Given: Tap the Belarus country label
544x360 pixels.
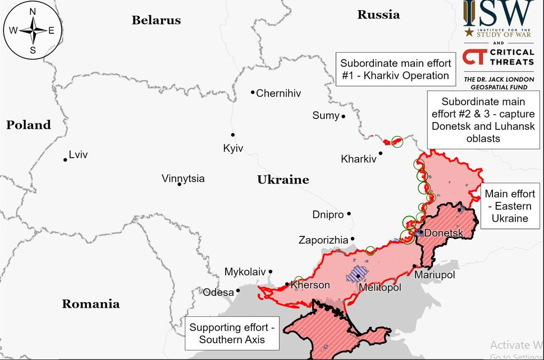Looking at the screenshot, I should (x=156, y=20).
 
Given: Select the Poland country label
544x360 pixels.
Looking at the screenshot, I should (x=28, y=125).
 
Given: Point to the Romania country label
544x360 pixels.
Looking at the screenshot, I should (x=90, y=304).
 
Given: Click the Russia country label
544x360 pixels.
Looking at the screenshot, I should (x=378, y=15).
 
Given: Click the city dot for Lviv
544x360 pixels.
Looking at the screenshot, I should (x=65, y=160).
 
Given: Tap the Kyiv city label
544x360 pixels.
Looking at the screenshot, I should (x=232, y=148).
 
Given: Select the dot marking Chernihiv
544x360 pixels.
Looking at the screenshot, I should (x=253, y=93).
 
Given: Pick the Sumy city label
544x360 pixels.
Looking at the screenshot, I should (x=326, y=116).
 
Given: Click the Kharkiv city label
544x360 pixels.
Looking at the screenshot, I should (x=358, y=159).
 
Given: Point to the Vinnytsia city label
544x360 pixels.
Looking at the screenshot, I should (x=183, y=179).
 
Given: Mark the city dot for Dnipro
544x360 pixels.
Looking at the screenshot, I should (x=349, y=214).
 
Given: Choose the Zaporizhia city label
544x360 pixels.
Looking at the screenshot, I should (x=323, y=240).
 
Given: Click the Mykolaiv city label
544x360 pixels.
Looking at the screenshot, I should (x=245, y=272).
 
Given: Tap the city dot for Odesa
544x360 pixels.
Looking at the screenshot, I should (x=238, y=291).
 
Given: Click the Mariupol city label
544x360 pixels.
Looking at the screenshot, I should (x=435, y=275).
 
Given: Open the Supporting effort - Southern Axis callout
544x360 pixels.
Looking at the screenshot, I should (x=233, y=333).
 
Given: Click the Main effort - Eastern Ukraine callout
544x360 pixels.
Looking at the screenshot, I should (x=510, y=206).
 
